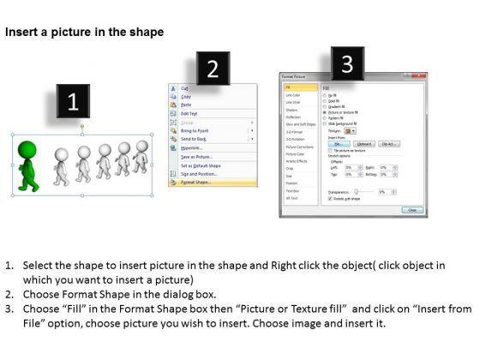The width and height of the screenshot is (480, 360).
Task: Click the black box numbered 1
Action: pos(73,103)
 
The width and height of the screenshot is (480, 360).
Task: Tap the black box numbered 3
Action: pos(347,63)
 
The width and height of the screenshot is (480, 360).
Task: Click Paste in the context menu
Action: pos(187,105)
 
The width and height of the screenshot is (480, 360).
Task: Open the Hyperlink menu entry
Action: pos(193,147)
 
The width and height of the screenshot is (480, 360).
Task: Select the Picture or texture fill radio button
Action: pos(324,111)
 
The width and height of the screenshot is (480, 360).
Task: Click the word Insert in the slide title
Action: pos(23,32)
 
